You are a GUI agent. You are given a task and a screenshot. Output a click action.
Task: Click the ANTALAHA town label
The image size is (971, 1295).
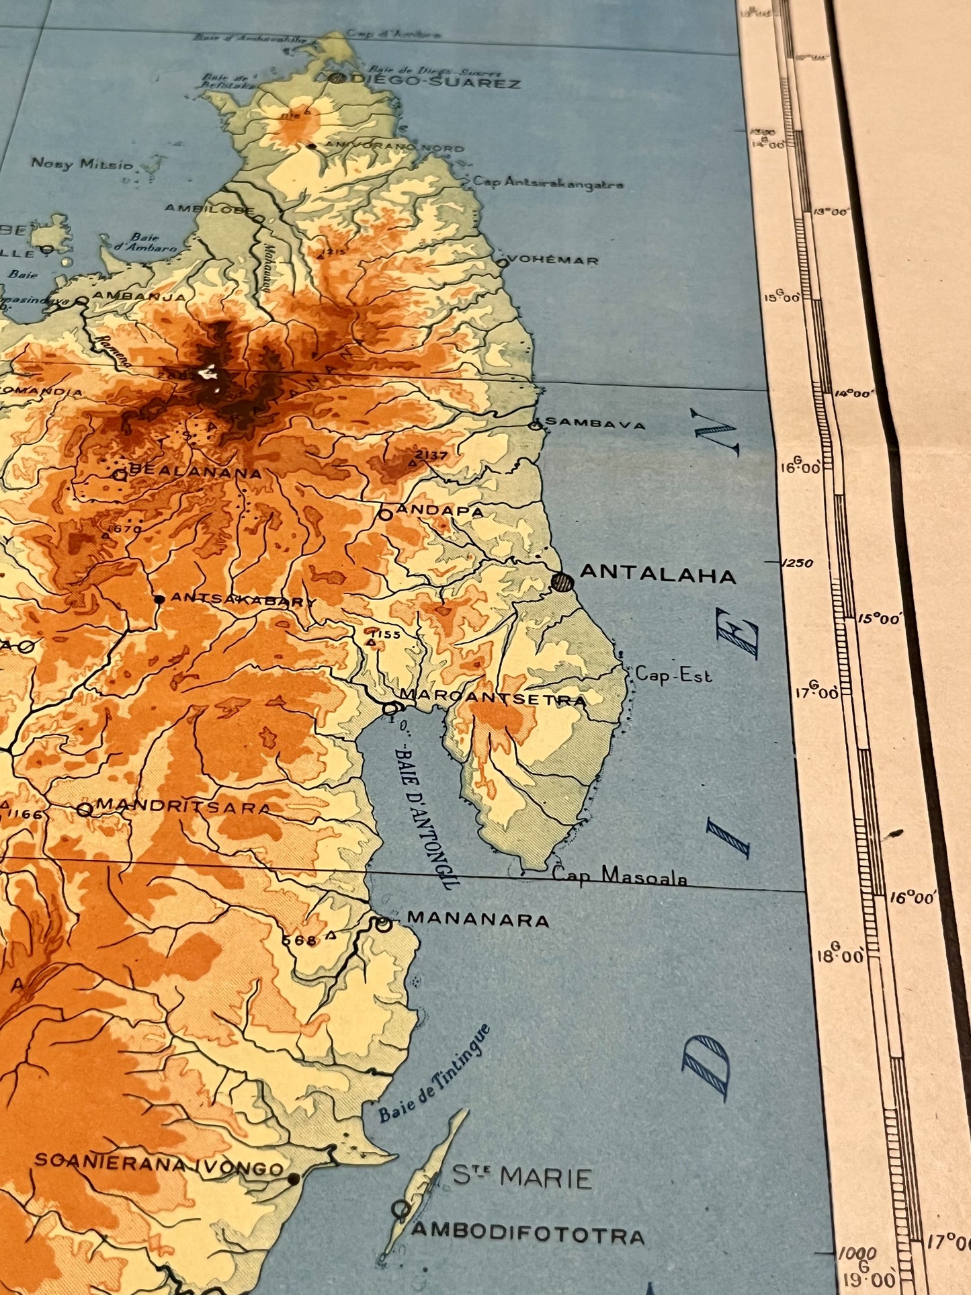tap(658, 575)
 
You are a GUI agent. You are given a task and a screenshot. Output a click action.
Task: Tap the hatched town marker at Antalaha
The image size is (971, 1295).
tap(562, 581)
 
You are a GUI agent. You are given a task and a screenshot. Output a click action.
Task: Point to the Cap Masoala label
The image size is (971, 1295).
tap(619, 876)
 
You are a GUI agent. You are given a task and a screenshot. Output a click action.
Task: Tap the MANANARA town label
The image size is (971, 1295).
tap(478, 919)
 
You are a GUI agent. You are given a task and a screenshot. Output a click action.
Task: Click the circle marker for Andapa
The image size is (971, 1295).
tap(385, 515)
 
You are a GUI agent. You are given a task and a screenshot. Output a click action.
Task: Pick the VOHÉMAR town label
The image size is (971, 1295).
tap(552, 261)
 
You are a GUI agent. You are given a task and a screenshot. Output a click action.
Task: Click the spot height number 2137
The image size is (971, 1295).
tap(431, 456)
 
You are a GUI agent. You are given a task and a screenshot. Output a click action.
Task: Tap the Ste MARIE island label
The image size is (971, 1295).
tap(521, 1178)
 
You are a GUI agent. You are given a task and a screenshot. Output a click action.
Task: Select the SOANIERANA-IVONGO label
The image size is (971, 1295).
tap(159, 1163)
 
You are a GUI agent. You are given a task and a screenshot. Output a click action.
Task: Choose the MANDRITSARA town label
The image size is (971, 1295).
tap(184, 807)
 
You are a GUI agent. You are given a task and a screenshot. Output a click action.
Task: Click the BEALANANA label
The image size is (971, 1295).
tap(194, 473)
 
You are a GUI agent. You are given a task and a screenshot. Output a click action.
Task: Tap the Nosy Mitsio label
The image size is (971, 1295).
tap(81, 164)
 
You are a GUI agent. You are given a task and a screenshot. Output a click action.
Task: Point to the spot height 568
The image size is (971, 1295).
tap(299, 940)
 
